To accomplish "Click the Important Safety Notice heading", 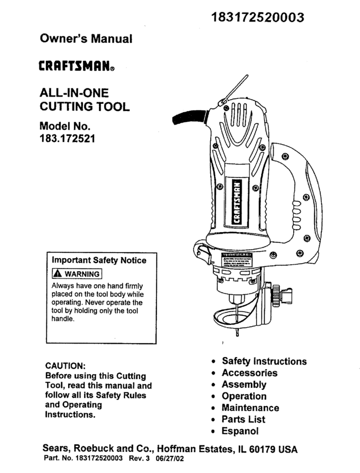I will tap(99, 261).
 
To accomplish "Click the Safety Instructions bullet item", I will tap(264, 361).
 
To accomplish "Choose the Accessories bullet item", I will tap(249, 373).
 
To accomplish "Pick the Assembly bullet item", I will tap(244, 384).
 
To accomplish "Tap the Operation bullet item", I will tap(244, 396).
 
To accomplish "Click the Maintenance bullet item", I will tap(250, 408).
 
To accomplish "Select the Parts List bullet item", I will tap(243, 419).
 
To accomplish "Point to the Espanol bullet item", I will tap(240, 431).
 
